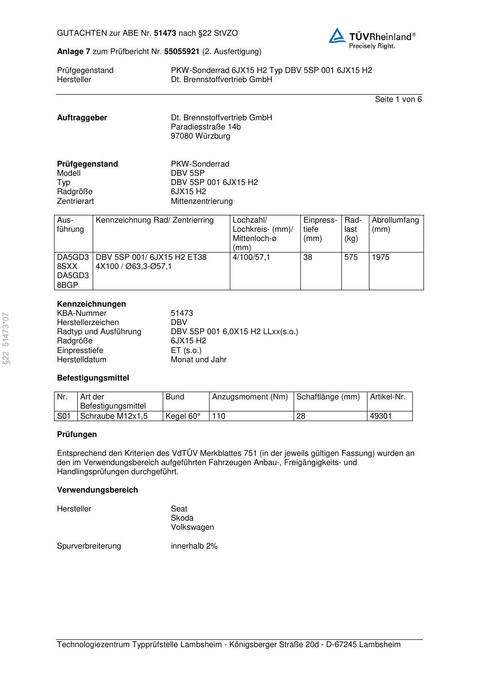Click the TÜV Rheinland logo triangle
337,36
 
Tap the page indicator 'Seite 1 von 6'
398,99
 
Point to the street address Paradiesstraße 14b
206,127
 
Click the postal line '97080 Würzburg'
200,136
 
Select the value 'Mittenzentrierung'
201,201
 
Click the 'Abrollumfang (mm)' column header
395,225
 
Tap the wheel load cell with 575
351,257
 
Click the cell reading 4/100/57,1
251,257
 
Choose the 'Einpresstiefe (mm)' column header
320,229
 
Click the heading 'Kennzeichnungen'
91,304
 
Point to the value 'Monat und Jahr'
198,360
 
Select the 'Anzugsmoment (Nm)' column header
250,397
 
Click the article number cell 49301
380,416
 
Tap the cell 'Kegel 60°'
183,416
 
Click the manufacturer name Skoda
182,518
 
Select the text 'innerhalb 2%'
194,546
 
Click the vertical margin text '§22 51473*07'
6,339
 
